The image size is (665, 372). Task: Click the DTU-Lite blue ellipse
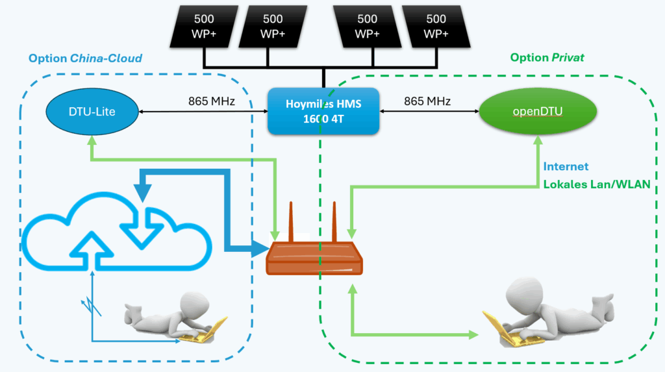point(92,112)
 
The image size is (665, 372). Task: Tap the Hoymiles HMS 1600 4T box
point(323,111)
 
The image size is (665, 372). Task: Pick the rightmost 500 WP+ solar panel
point(436,26)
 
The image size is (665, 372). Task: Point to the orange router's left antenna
point(291,221)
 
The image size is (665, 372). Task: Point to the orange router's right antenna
point(336,221)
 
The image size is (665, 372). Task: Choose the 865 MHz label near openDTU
point(427,101)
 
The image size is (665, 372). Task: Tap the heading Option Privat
point(547,58)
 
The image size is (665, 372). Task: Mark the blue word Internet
point(566,167)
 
